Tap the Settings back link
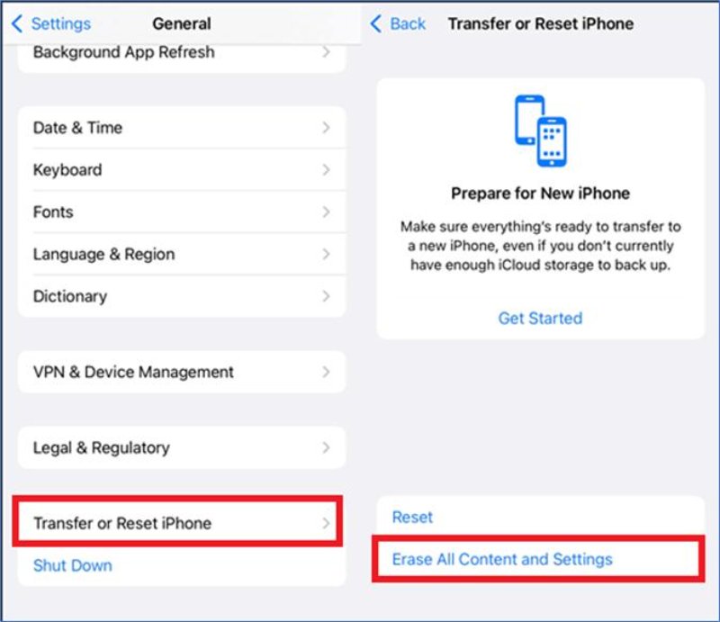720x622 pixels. pyautogui.click(x=51, y=24)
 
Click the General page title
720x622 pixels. pyautogui.click(x=182, y=24)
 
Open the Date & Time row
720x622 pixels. pyautogui.click(x=77, y=128)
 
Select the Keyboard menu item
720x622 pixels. pyautogui.click(x=67, y=170)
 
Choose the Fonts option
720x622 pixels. pyautogui.click(x=53, y=212)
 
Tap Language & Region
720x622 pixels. pyautogui.click(x=103, y=254)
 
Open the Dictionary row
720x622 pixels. pyautogui.click(x=70, y=296)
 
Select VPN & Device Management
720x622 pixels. pyautogui.click(x=133, y=372)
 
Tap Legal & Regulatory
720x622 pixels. pyautogui.click(x=102, y=447)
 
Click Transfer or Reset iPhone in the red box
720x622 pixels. pyautogui.click(x=122, y=523)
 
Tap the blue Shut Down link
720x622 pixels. pyautogui.click(x=73, y=565)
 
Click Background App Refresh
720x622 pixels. pyautogui.click(x=123, y=52)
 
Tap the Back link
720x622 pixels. pyautogui.click(x=399, y=24)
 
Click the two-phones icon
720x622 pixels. pyautogui.click(x=541, y=131)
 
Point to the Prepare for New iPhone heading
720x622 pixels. pyautogui.click(x=541, y=194)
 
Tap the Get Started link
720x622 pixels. pyautogui.click(x=541, y=319)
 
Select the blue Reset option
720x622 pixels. pyautogui.click(x=412, y=518)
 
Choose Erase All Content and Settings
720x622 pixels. pyautogui.click(x=502, y=560)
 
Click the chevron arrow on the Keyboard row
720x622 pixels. pyautogui.click(x=326, y=170)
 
